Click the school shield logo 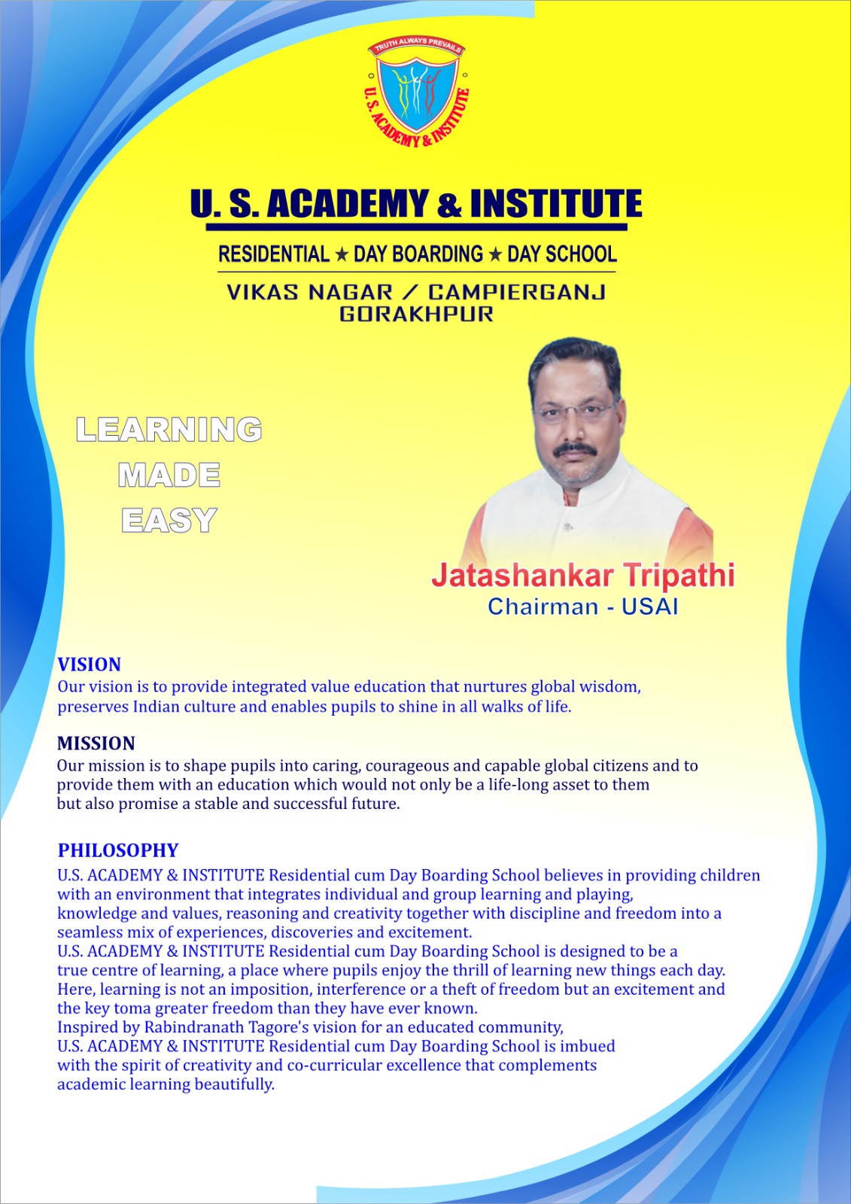[417, 92]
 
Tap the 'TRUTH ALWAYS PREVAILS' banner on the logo [417, 46]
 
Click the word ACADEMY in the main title [347, 204]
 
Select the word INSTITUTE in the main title [556, 204]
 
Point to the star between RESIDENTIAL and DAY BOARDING [342, 255]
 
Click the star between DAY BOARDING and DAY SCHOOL [495, 255]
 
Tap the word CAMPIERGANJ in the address [517, 293]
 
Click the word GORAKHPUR [416, 314]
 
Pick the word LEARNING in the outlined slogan [169, 429]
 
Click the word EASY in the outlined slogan [169, 520]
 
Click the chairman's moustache [575, 448]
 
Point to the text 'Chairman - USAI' [582, 607]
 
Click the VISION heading [90, 665]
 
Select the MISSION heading [96, 743]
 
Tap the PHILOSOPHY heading [118, 850]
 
